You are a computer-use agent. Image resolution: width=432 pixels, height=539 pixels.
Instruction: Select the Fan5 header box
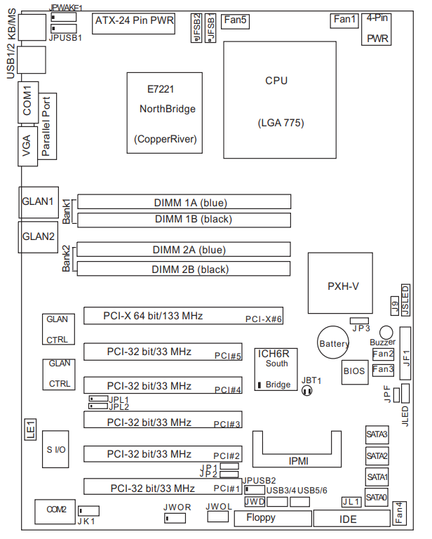point(234,20)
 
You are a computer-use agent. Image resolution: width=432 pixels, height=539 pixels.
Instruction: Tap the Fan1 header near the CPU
point(344,20)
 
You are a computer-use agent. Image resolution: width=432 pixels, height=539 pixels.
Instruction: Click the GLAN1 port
point(37,201)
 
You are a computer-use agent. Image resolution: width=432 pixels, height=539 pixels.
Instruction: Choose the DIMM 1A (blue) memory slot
point(184,203)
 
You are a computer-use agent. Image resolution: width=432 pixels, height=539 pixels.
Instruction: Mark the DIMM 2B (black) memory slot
point(184,269)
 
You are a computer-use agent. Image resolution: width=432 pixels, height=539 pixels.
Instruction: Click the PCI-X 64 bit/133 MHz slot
point(184,317)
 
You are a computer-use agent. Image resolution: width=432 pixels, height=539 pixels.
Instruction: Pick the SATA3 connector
point(377,434)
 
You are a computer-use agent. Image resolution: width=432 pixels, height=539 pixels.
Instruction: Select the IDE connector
point(348,519)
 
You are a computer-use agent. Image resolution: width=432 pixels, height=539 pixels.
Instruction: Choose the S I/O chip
point(56,448)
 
